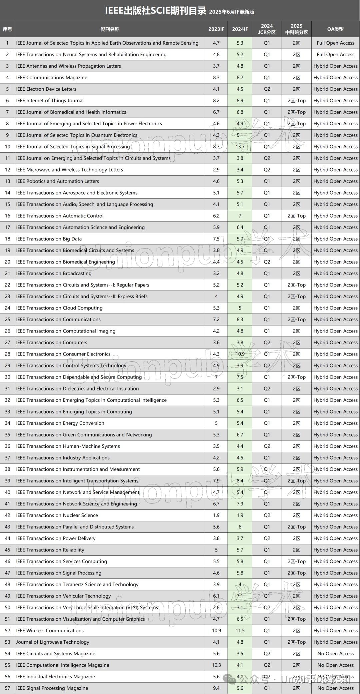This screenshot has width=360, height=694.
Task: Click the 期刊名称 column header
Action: [110, 29]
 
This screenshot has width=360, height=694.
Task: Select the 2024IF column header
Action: [240, 29]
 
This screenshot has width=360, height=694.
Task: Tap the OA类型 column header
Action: [335, 29]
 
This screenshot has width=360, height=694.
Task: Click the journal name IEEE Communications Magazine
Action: [52, 78]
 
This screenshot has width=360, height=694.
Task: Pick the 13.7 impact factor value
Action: [240, 147]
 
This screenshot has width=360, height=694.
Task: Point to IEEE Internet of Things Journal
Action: [50, 101]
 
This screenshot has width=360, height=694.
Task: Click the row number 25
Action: [7, 320]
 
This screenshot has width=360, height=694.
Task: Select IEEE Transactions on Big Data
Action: [49, 239]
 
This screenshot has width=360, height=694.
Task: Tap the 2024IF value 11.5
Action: [240, 631]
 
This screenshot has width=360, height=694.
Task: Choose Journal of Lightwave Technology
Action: [53, 642]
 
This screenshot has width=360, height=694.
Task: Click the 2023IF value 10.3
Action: [216, 665]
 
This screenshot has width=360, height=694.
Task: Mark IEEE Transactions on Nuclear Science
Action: [57, 515]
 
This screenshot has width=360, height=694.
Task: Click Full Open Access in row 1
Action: [335, 43]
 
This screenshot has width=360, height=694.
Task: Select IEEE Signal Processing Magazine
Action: [52, 688]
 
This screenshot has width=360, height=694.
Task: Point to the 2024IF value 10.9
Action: [240, 354]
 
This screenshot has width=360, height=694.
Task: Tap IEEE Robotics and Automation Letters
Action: [57, 181]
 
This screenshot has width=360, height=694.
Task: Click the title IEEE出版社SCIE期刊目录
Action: [156, 11]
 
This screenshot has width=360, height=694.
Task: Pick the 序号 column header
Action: [7, 29]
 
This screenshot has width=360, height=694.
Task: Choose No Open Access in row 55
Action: [335, 665]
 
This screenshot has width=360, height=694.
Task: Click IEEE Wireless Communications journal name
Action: [50, 631]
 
